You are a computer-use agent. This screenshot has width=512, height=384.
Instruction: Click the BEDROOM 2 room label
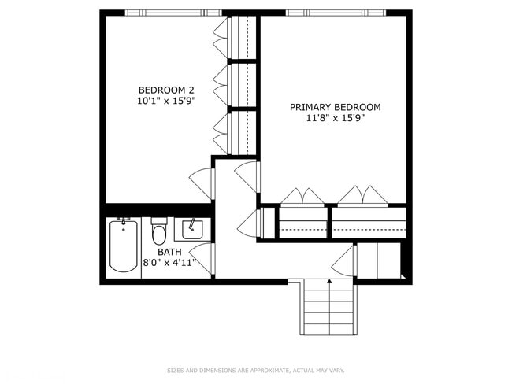click(165, 89)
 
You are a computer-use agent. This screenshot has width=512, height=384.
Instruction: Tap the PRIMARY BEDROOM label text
click(335, 107)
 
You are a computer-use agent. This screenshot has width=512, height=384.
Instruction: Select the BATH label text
click(169, 252)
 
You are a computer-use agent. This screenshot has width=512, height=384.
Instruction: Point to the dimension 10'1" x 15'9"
click(165, 101)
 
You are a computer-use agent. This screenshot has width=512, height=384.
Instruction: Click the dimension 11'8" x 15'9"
click(335, 119)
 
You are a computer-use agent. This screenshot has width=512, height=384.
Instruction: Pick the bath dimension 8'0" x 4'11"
click(169, 263)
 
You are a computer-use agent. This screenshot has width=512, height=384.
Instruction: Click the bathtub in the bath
click(123, 246)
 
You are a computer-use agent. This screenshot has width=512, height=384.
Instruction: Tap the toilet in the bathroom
click(159, 233)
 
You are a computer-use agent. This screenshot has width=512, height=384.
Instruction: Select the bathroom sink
click(192, 230)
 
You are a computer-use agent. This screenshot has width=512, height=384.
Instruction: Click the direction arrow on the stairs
click(329, 279)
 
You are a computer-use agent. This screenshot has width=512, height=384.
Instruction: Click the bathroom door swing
click(202, 260)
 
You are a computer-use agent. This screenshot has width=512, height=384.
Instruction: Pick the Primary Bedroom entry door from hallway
click(249, 175)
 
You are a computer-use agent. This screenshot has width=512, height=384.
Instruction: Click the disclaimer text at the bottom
click(256, 370)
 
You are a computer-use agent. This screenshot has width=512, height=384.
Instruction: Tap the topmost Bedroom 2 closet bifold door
click(221, 35)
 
